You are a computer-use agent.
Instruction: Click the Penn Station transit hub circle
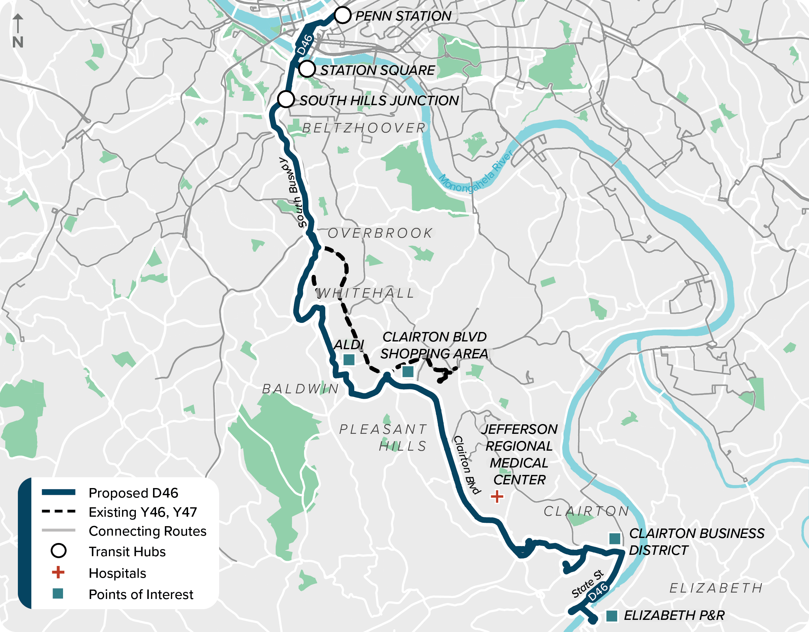point(342,16)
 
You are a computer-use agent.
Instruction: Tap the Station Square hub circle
point(307,69)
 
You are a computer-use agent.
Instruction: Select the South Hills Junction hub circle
point(286,99)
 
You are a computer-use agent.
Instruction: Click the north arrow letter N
point(18,42)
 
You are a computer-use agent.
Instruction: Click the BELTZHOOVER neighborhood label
point(364,128)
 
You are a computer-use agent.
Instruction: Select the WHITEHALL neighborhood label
point(365,293)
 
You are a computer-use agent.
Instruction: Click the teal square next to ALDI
point(349,359)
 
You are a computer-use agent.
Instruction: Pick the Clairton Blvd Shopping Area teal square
point(408,371)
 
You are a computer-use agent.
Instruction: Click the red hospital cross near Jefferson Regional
point(497,496)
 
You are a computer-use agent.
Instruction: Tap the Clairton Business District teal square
point(615,538)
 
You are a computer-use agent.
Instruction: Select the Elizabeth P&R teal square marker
point(611,616)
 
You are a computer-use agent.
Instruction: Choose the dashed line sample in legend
point(59,512)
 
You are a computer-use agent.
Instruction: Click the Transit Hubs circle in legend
point(59,551)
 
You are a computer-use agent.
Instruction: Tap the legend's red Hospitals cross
point(58,572)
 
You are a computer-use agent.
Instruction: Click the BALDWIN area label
point(300,389)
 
